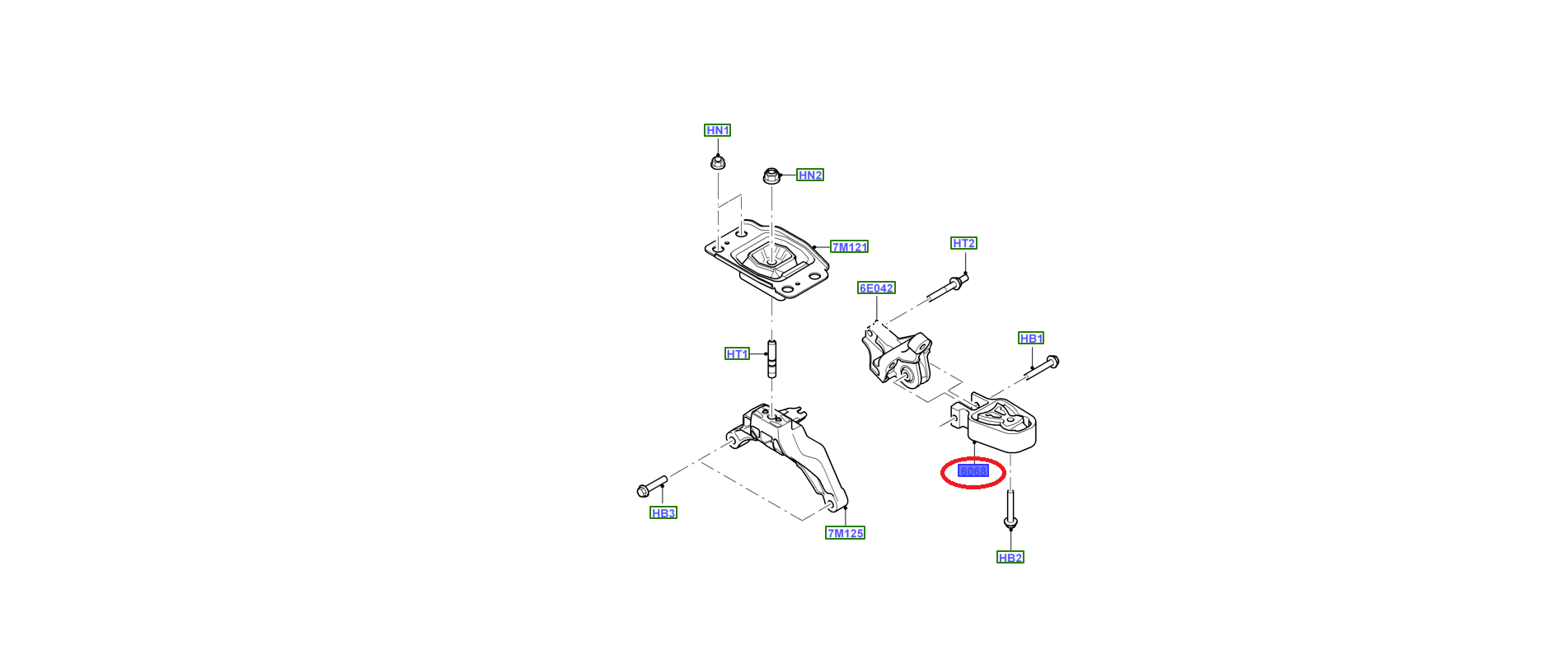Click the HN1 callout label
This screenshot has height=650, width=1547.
click(717, 130)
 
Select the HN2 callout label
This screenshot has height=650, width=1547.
click(809, 175)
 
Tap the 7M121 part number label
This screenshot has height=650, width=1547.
click(849, 247)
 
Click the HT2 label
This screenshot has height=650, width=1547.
click(963, 243)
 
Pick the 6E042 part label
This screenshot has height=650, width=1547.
click(875, 288)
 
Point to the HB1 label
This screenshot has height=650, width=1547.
click(1030, 339)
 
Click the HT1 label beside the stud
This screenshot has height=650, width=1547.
click(737, 354)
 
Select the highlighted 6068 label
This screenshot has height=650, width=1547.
click(973, 471)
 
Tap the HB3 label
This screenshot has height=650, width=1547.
click(663, 513)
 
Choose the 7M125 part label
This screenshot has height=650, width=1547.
click(845, 533)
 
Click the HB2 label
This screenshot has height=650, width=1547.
click(1010, 558)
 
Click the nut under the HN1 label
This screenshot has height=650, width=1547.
click(717, 161)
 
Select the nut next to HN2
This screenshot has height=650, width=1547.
click(771, 175)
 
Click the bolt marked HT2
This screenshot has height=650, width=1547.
click(948, 289)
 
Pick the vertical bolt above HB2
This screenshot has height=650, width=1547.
click(1010, 509)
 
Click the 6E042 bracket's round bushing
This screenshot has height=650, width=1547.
click(905, 376)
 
